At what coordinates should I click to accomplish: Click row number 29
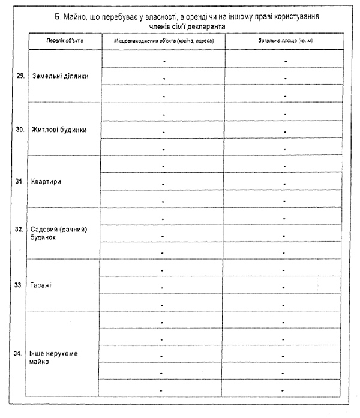click(20, 76)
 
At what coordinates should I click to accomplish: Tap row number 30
click(20, 129)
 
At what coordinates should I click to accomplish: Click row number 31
click(20, 181)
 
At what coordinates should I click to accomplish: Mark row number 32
click(20, 229)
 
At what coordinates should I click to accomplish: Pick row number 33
click(20, 284)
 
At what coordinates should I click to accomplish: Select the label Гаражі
click(42, 284)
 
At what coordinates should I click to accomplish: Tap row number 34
click(20, 353)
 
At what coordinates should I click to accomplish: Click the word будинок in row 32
click(43, 237)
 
